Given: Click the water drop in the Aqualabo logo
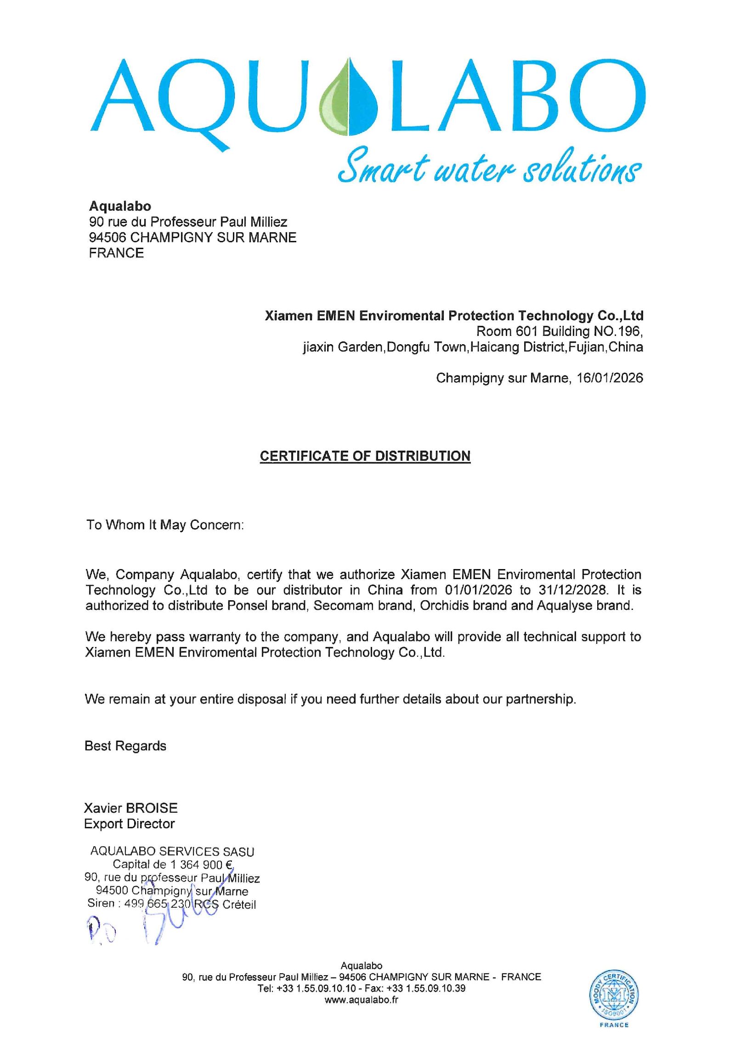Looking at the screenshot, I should pyautogui.click(x=350, y=97).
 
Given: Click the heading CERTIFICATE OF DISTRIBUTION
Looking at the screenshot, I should pyautogui.click(x=365, y=456).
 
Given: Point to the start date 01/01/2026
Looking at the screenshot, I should pyautogui.click(x=478, y=590).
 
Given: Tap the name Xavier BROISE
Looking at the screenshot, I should pyautogui.click(x=130, y=808).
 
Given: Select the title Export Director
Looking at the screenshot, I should pyautogui.click(x=129, y=824).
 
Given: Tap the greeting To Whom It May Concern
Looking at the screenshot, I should pyautogui.click(x=164, y=525).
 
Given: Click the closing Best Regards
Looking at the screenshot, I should pyautogui.click(x=125, y=746).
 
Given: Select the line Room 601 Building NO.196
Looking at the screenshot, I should pyautogui.click(x=559, y=331).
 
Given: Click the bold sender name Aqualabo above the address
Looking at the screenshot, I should pyautogui.click(x=120, y=206).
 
